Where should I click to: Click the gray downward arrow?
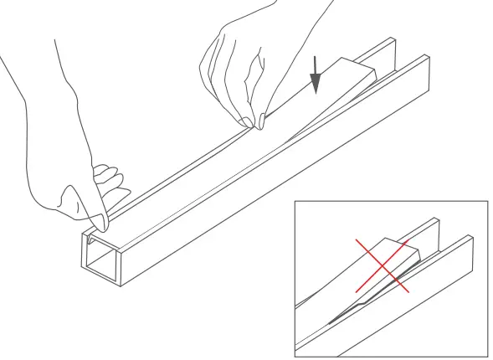click(316, 78)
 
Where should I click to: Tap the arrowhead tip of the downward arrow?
click(316, 93)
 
